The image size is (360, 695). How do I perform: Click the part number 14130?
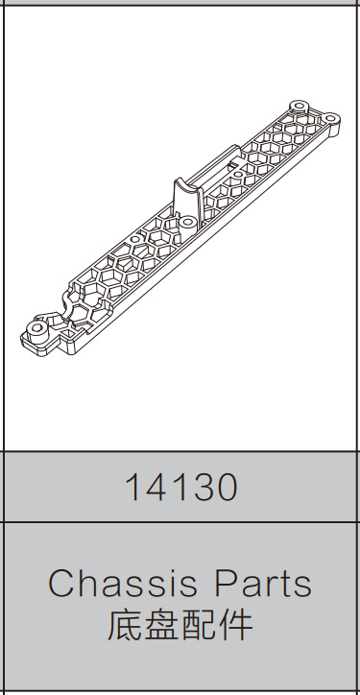pyautogui.click(x=180, y=489)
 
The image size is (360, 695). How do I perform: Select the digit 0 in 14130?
pyautogui.click(x=224, y=489)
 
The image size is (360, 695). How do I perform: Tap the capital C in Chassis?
pyautogui.click(x=61, y=584)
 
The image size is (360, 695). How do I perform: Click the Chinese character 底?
pyautogui.click(x=125, y=625)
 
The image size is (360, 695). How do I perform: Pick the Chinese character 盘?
pyautogui.click(x=161, y=625)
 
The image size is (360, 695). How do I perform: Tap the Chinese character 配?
pyautogui.click(x=198, y=625)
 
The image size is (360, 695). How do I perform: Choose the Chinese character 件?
pyautogui.click(x=235, y=625)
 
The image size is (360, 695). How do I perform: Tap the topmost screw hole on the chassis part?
pyautogui.click(x=299, y=103)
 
